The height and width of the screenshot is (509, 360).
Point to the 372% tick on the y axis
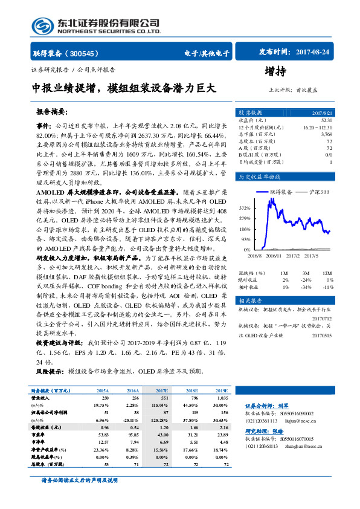(245, 209)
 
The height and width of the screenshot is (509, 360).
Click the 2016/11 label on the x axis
(274, 256)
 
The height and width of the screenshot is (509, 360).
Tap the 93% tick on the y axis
(246, 240)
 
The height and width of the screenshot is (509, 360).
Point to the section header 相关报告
(250, 300)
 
